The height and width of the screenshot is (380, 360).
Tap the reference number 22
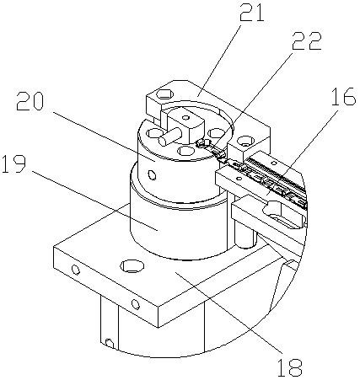coord(307,41)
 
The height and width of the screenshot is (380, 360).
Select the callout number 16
coord(343,96)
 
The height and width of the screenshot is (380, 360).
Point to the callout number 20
coord(30,101)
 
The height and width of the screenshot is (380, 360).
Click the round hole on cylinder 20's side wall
coord(153,175)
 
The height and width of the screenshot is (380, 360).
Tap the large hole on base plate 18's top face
coord(132,265)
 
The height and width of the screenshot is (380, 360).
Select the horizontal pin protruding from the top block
coord(169,136)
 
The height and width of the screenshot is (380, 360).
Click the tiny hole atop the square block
coord(185,117)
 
